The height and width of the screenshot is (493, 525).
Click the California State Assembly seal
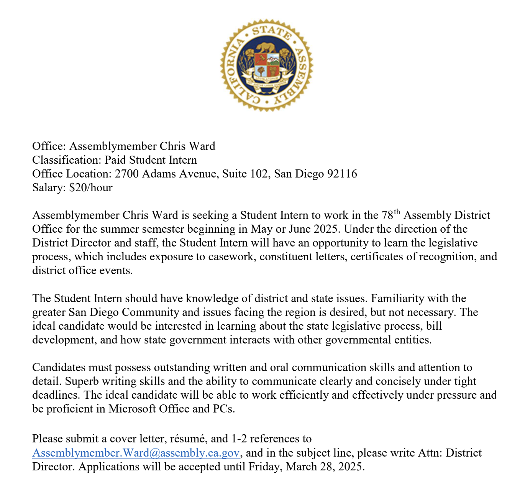[x=267, y=65]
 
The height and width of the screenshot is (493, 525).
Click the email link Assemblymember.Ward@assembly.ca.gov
[x=136, y=453]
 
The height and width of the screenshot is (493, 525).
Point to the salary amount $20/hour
[x=91, y=187]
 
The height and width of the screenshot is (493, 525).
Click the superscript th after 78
[x=397, y=212]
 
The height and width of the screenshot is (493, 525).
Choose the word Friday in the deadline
[x=264, y=467]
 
